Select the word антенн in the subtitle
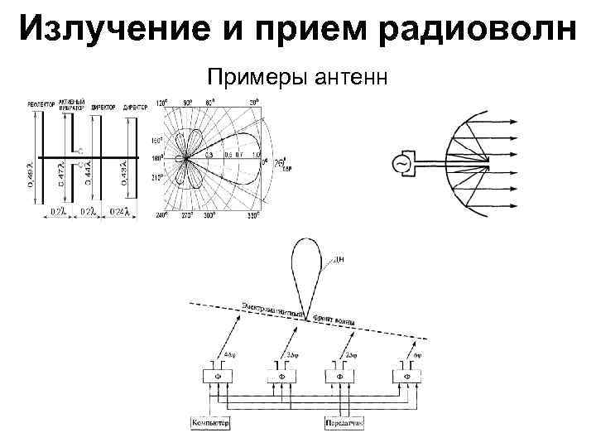point(358,78)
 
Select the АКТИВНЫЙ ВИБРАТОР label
point(72,107)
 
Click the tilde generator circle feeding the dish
point(403,163)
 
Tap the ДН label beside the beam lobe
point(338,261)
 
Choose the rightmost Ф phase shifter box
point(406,376)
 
